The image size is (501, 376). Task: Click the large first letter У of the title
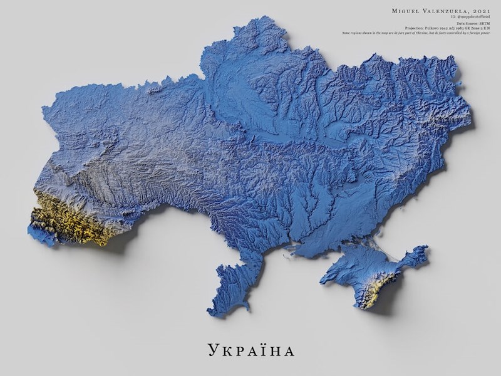[211, 348]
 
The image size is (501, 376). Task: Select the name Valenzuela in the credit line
[445, 11]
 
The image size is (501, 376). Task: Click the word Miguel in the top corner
[405, 11]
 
